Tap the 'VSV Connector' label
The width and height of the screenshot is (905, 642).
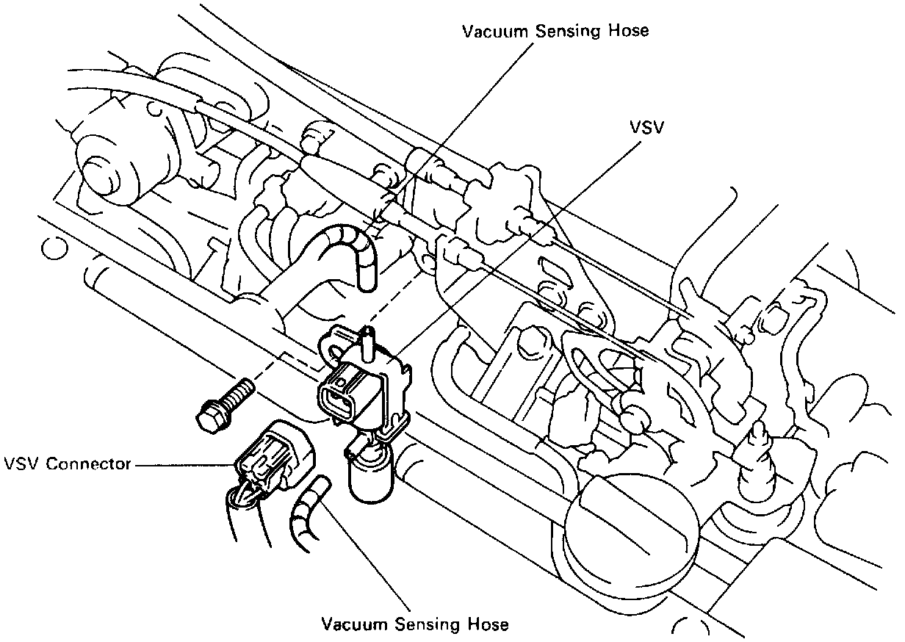(x=67, y=464)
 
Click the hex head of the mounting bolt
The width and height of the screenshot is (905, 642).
(x=211, y=415)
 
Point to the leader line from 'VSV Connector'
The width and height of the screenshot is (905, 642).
(x=184, y=465)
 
